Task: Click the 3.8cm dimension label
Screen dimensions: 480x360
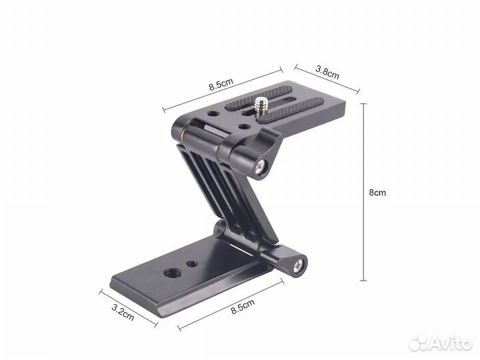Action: pyautogui.click(x=327, y=73)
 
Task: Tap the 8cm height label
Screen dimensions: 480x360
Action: pyautogui.click(x=377, y=193)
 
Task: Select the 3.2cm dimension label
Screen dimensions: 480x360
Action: pyautogui.click(x=123, y=312)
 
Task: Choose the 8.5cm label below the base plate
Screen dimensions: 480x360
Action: pyautogui.click(x=243, y=307)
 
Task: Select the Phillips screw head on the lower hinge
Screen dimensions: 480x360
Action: pyautogui.click(x=299, y=265)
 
